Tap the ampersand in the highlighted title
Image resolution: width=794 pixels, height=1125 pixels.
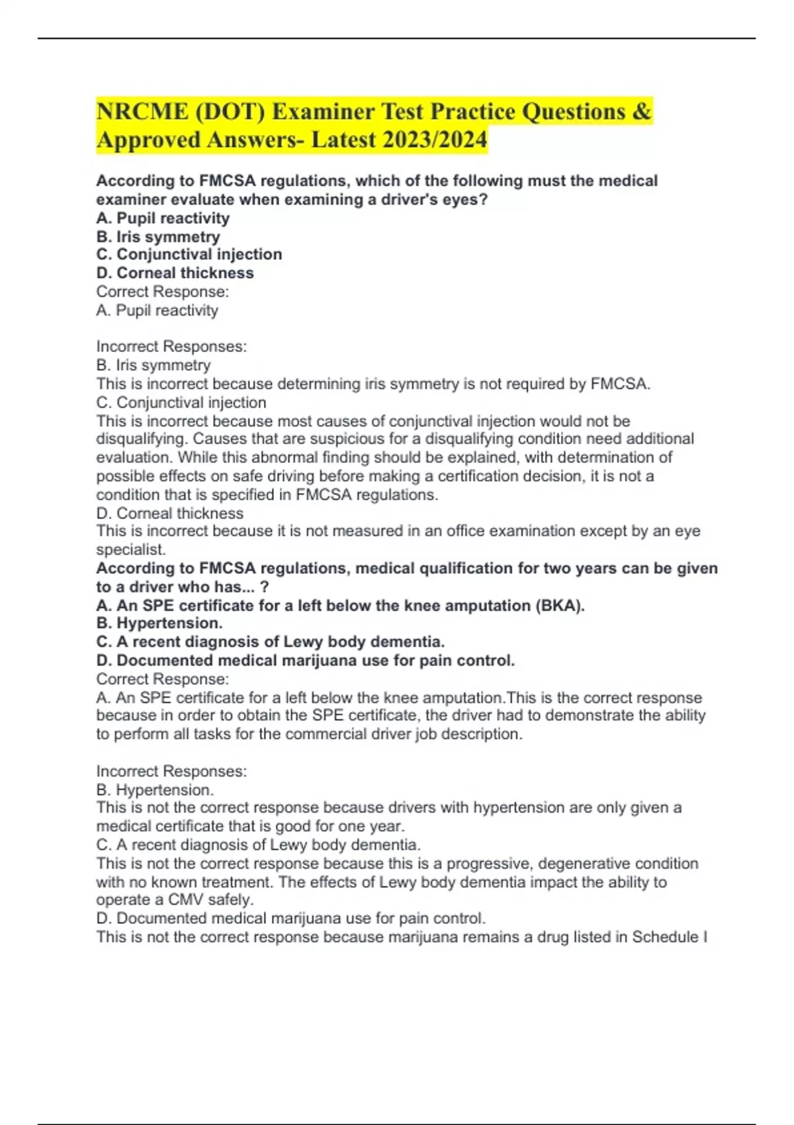point(641,112)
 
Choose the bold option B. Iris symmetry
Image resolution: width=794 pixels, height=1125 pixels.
point(158,236)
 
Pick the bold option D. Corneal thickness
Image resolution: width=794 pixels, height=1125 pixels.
point(175,273)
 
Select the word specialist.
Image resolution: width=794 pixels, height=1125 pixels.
point(130,549)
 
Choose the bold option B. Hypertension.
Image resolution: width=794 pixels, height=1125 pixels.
point(159,623)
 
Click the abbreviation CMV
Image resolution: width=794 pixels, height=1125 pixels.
point(186,900)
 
